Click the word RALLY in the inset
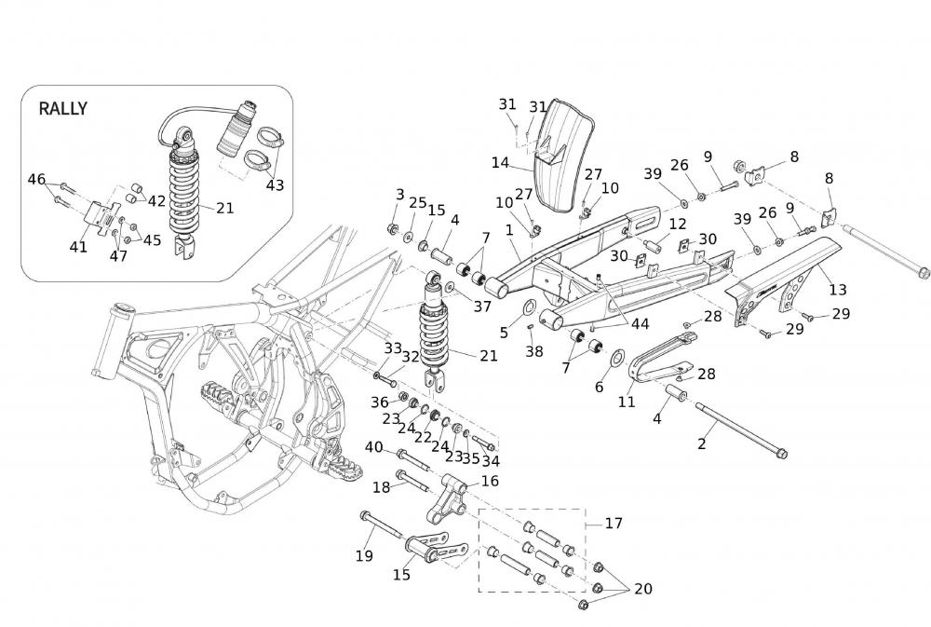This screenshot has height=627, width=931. [62, 108]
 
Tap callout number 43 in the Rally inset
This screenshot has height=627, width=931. [275, 185]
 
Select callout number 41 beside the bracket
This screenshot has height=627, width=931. [78, 247]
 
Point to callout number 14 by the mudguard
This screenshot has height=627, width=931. [500, 163]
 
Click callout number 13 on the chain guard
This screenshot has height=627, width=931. [838, 290]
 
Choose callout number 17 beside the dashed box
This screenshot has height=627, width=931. [614, 524]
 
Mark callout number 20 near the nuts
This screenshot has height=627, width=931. [643, 589]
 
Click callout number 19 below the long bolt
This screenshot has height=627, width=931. [364, 556]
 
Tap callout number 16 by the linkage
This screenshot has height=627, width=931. [490, 481]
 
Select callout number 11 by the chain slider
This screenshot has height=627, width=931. [627, 402]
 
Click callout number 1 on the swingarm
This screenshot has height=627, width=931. [510, 229]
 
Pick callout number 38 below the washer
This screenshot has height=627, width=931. [533, 352]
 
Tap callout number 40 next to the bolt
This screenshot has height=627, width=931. [374, 447]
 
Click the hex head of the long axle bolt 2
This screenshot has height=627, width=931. [781, 455]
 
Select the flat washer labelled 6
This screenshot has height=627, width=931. [616, 360]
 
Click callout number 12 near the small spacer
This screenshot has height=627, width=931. [677, 224]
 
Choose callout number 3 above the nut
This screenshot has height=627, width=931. [400, 195]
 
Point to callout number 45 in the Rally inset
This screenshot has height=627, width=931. [152, 239]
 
